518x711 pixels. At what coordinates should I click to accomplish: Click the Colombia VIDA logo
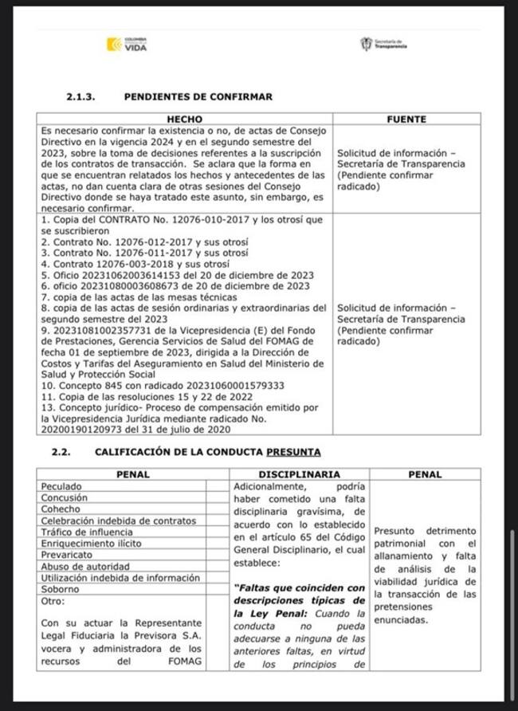click(x=127, y=45)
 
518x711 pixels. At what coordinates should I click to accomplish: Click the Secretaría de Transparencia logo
click(x=384, y=45)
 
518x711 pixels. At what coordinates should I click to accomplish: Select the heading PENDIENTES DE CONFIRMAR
click(x=198, y=97)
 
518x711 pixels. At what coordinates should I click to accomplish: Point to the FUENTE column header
click(x=406, y=119)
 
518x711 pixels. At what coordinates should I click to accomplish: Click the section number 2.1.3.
click(x=80, y=97)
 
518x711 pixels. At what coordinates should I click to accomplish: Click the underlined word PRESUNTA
click(x=294, y=451)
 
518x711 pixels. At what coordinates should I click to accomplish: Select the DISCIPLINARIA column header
click(x=300, y=474)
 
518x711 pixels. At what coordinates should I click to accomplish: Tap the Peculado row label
click(x=61, y=485)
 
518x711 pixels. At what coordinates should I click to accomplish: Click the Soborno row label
click(x=60, y=589)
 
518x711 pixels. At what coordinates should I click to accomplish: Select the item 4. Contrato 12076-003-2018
click(x=135, y=264)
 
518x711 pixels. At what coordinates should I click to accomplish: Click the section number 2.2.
click(x=61, y=451)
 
